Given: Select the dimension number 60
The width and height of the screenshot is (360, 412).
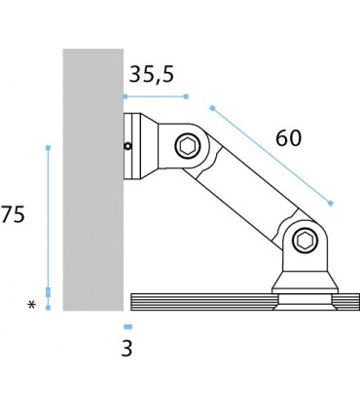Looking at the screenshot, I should [x=288, y=138].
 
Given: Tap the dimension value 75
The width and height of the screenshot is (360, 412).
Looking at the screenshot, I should [x=13, y=216].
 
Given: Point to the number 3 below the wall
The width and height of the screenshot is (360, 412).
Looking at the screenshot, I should [x=126, y=349].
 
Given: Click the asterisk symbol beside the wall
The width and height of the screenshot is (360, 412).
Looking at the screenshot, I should [x=32, y=306].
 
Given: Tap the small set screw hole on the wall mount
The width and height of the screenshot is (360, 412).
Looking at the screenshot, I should [x=128, y=147].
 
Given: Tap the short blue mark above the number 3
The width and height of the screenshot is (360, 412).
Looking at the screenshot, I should [x=127, y=326].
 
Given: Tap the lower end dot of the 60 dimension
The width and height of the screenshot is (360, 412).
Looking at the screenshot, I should [x=331, y=203].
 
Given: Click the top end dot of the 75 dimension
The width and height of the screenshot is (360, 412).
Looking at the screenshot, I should [x=48, y=148].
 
